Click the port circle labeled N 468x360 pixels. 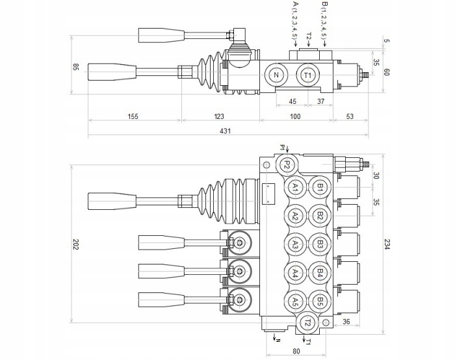click(276, 75)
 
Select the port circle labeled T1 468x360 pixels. click(307, 75)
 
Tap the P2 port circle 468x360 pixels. click(287, 164)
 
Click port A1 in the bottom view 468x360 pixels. click(295, 187)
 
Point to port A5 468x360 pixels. click(295, 301)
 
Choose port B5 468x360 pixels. click(320, 301)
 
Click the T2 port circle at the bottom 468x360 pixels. click(308, 322)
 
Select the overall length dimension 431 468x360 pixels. click(226, 131)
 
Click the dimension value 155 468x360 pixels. click(133, 116)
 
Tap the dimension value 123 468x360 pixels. click(219, 116)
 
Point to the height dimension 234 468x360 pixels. click(387, 244)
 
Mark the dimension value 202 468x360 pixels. click(75, 244)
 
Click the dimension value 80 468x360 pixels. click(296, 351)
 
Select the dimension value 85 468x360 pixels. click(75, 67)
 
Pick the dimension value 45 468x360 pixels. click(292, 101)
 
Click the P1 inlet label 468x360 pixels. click(282, 148)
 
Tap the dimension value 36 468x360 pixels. click(346, 322)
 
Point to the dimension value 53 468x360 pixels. click(350, 116)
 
